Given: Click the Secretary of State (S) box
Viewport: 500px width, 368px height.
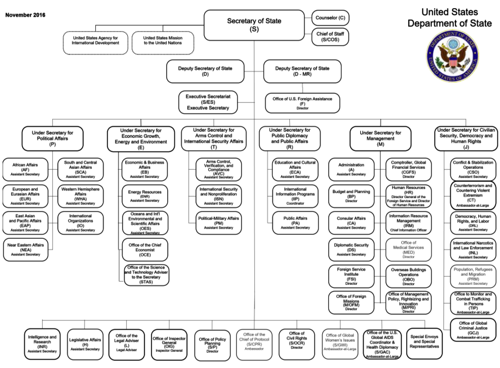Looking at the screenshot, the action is [x=254, y=25].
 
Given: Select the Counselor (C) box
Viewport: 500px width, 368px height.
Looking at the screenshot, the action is [x=330, y=18].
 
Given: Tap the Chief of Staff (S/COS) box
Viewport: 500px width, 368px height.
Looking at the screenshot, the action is [x=330, y=36].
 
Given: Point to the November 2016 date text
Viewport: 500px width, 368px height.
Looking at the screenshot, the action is [x=25, y=15].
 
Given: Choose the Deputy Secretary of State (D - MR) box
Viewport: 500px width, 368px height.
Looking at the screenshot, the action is [x=302, y=71].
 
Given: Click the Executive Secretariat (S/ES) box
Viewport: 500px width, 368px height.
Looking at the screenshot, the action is [x=208, y=102].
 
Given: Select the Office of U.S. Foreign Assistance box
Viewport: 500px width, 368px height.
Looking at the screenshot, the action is [x=302, y=103].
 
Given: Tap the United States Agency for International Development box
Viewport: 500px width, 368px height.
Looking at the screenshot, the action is [x=95, y=43].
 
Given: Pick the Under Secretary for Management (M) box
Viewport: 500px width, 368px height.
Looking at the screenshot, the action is [x=380, y=138].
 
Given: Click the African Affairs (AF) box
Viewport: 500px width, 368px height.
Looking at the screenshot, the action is [x=25, y=169].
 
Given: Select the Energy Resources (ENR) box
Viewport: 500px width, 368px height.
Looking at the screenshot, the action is [x=145, y=196].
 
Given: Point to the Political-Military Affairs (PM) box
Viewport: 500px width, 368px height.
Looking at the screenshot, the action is [x=219, y=223].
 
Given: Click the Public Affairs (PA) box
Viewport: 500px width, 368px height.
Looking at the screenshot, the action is [x=295, y=223].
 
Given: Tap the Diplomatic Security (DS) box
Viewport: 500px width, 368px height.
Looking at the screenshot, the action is [x=351, y=249].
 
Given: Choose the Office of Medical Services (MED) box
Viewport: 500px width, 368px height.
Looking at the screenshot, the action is [x=408, y=249].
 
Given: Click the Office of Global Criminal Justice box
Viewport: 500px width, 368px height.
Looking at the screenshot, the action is [x=473, y=330].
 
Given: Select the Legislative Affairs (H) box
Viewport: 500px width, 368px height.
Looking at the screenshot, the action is [x=85, y=344].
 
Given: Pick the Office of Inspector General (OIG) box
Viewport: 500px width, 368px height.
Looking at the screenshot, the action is [x=169, y=344].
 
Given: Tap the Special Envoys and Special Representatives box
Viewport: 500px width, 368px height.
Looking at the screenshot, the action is [x=425, y=344].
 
